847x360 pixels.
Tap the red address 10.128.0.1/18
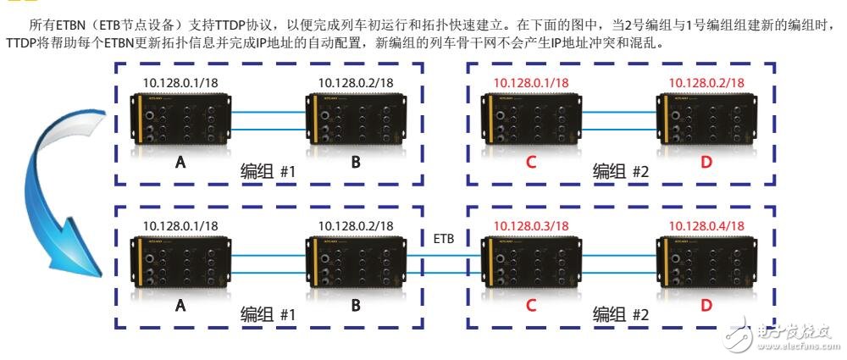(530, 82)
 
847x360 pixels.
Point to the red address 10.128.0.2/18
(706, 82)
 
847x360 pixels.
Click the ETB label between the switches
(443, 240)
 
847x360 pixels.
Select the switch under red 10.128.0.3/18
(530, 264)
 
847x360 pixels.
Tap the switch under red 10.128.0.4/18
(706, 264)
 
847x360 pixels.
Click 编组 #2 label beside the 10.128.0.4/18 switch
(620, 314)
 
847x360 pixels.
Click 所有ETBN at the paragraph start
(46, 25)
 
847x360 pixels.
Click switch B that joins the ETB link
(355, 264)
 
